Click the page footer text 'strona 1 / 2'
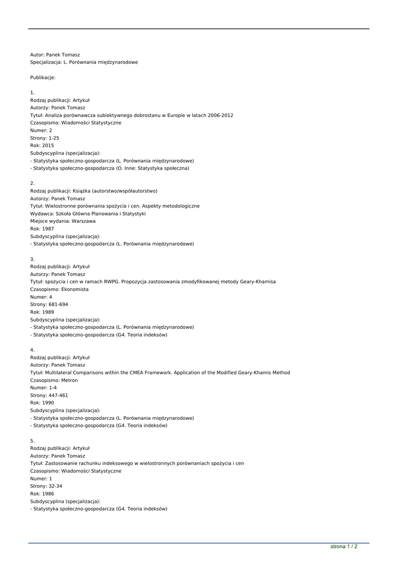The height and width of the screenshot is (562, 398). pyautogui.click(x=344, y=547)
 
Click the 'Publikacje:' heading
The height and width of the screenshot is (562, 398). pyautogui.click(x=43, y=77)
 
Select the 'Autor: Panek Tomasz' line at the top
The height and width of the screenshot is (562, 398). pyautogui.click(x=55, y=55)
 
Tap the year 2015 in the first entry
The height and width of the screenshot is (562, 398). pyautogui.click(x=48, y=145)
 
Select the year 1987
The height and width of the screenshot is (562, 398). pyautogui.click(x=48, y=229)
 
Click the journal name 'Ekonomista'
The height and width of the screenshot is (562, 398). pyautogui.click(x=74, y=289)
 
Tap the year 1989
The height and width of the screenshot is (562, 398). pyautogui.click(x=48, y=312)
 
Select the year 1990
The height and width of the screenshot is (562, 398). pyautogui.click(x=48, y=403)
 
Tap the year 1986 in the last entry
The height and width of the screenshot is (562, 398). pyautogui.click(x=48, y=494)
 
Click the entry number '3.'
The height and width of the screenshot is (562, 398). pyautogui.click(x=32, y=259)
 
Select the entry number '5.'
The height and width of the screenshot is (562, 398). pyautogui.click(x=32, y=441)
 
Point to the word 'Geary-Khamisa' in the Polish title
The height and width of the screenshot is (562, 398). pyautogui.click(x=257, y=282)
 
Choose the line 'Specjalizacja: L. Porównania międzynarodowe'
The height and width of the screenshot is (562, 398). pyautogui.click(x=84, y=62)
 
